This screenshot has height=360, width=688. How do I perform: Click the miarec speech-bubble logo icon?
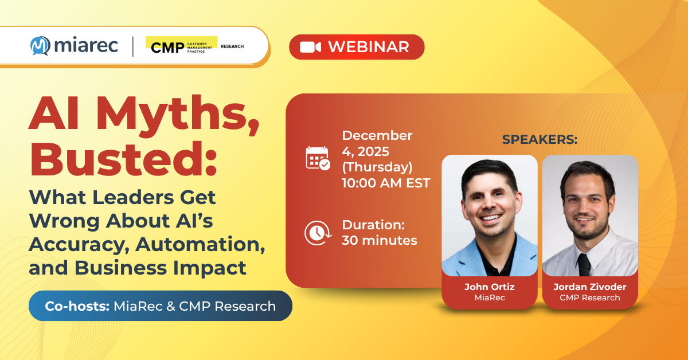pyautogui.click(x=40, y=45)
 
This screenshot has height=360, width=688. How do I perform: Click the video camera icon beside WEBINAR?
pyautogui.click(x=310, y=47)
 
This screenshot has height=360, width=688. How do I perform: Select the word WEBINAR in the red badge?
pyautogui.click(x=368, y=47)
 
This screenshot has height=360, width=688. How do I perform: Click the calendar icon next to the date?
pyautogui.click(x=317, y=158)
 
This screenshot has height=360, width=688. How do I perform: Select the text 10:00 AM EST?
pyautogui.click(x=386, y=183)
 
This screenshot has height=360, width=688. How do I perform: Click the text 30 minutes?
pyautogui.click(x=379, y=240)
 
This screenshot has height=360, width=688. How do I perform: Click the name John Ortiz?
pyautogui.click(x=489, y=287)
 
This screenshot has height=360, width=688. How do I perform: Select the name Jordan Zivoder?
pyautogui.click(x=590, y=287)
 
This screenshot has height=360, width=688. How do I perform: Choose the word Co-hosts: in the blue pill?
pyautogui.click(x=72, y=306)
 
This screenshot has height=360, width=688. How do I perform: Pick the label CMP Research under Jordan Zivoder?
pyautogui.click(x=590, y=298)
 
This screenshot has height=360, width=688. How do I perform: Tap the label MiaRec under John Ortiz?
pyautogui.click(x=489, y=298)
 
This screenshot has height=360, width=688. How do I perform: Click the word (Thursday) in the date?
pyautogui.click(x=377, y=167)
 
